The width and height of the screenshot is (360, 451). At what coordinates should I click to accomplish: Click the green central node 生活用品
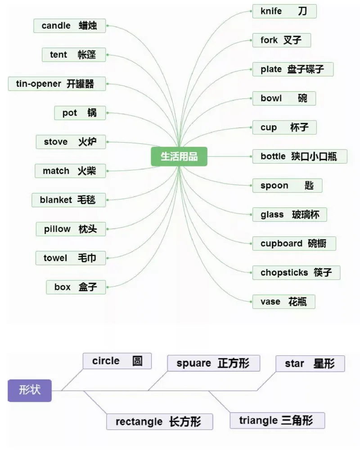179,157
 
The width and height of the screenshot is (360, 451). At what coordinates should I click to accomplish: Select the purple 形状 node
30,390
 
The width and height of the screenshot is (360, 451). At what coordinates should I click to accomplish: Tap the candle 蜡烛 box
70,26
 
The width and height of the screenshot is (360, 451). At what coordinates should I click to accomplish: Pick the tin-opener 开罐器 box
57,84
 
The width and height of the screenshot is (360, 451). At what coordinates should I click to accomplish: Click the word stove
56,142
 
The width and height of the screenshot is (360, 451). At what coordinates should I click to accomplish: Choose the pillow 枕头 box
71,229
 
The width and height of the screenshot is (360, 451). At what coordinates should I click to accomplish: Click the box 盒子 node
76,287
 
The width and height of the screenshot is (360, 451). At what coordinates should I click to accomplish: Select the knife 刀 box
284,11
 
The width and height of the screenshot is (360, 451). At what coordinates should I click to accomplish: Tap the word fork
269,41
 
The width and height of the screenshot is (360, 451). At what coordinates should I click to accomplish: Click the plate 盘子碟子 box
292,69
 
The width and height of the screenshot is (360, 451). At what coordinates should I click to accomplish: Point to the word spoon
274,185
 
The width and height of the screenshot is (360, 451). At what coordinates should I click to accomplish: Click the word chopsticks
284,273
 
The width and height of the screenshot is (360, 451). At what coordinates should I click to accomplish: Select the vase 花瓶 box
283,302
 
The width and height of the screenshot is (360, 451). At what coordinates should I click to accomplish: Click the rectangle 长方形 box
159,422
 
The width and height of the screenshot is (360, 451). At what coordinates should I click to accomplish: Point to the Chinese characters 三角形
297,421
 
